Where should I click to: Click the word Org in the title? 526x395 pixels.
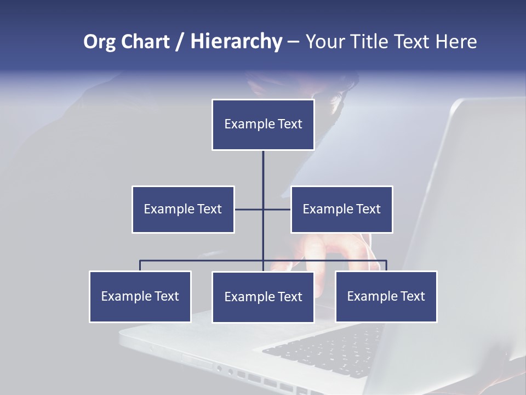[99, 42]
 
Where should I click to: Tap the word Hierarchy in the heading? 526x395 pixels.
[236, 42]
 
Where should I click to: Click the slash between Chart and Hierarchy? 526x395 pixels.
[179, 42]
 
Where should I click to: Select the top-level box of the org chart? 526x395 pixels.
[263, 125]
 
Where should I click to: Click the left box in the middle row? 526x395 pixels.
[183, 209]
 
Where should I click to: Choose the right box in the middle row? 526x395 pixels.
[341, 209]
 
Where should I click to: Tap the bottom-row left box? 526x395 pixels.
[140, 296]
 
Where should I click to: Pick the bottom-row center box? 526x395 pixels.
[263, 297]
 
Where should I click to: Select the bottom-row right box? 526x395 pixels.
[386, 296]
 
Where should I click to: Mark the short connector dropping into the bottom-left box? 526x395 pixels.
[140, 266]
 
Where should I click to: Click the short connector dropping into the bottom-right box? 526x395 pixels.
[386, 266]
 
